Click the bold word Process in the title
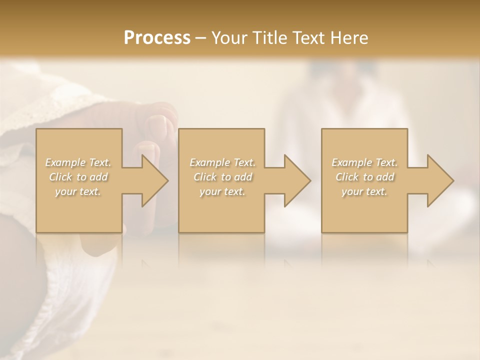(x=157, y=37)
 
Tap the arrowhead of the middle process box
(x=297, y=180)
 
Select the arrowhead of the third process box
(x=440, y=180)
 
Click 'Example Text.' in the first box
(x=78, y=162)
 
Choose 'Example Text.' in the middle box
(x=222, y=162)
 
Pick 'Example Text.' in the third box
(x=364, y=162)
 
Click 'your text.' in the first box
(x=78, y=191)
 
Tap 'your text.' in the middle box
(x=222, y=191)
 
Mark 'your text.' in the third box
(x=364, y=191)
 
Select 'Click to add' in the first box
(x=78, y=177)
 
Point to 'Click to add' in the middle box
(x=222, y=177)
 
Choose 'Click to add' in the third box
(x=364, y=177)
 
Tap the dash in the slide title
(x=201, y=38)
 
